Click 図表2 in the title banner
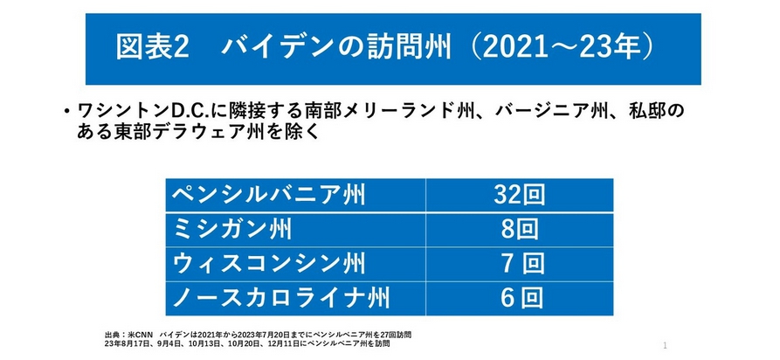153,48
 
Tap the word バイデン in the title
273,48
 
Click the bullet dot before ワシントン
66,113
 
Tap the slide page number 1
666,345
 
